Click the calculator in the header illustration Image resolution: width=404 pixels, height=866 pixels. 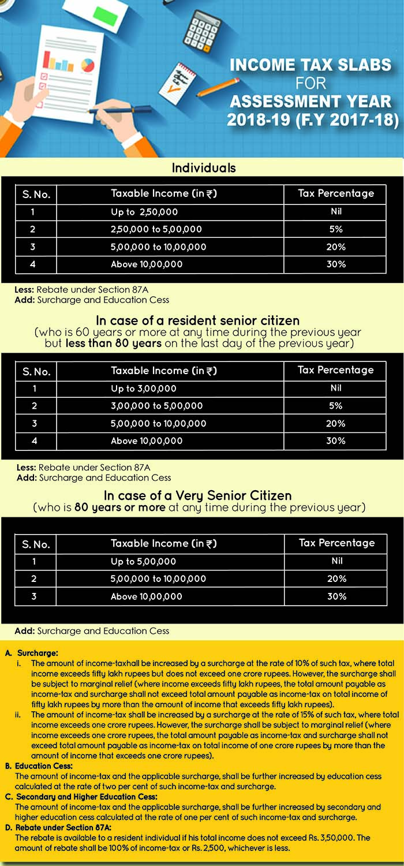pos(202,28)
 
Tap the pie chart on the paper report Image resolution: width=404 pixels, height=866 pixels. pos(88,64)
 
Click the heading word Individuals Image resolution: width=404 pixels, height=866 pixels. pos(204,168)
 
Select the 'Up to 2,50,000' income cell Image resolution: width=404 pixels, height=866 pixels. pos(145,212)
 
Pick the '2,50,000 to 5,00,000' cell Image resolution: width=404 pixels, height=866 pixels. pos(156,229)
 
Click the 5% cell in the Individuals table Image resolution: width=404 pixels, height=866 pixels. pos(336,229)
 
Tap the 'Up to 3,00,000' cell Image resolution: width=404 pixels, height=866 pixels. pos(144,389)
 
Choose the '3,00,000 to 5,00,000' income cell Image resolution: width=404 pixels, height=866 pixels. pos(156,406)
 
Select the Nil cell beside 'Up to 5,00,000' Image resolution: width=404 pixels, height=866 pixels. pos(336,561)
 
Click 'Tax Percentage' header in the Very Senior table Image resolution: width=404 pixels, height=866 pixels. pos(336,543)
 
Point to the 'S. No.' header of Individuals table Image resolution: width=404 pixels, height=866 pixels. pos(36,195)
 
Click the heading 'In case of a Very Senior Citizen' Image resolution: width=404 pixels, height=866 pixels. pos(198,495)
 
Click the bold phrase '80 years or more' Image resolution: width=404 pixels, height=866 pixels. pos(120,508)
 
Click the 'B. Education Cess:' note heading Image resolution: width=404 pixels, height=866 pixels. pos(39,766)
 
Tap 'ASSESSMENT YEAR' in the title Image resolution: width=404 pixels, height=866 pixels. pos(311,102)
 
